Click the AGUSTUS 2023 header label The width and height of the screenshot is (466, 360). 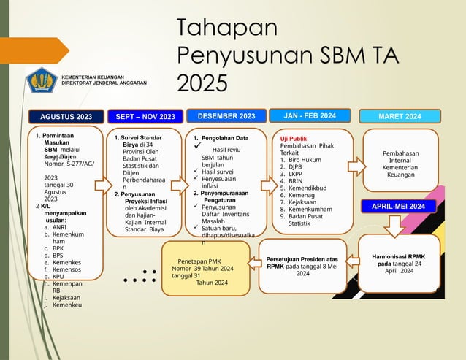(x=65, y=116)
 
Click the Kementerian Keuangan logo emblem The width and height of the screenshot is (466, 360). (x=42, y=81)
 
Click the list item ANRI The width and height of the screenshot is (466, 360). (x=59, y=227)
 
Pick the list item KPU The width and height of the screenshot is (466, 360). (x=58, y=277)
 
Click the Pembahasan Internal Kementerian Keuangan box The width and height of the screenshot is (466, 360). (x=400, y=164)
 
